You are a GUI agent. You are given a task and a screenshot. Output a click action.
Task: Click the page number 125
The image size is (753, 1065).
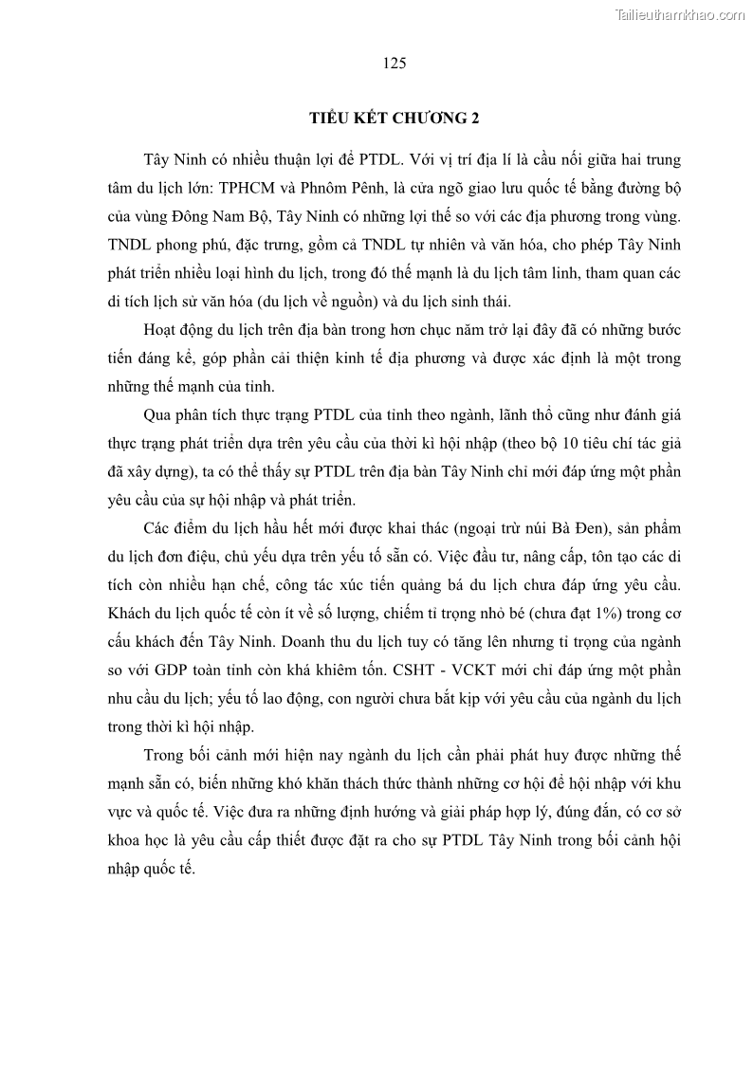pos(395,64)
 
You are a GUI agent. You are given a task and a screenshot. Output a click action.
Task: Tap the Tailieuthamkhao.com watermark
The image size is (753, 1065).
pos(681,14)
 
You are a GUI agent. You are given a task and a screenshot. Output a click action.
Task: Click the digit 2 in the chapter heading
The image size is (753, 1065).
pos(476,119)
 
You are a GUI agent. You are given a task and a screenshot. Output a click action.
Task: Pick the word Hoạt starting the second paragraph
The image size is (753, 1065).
pos(163,329)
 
